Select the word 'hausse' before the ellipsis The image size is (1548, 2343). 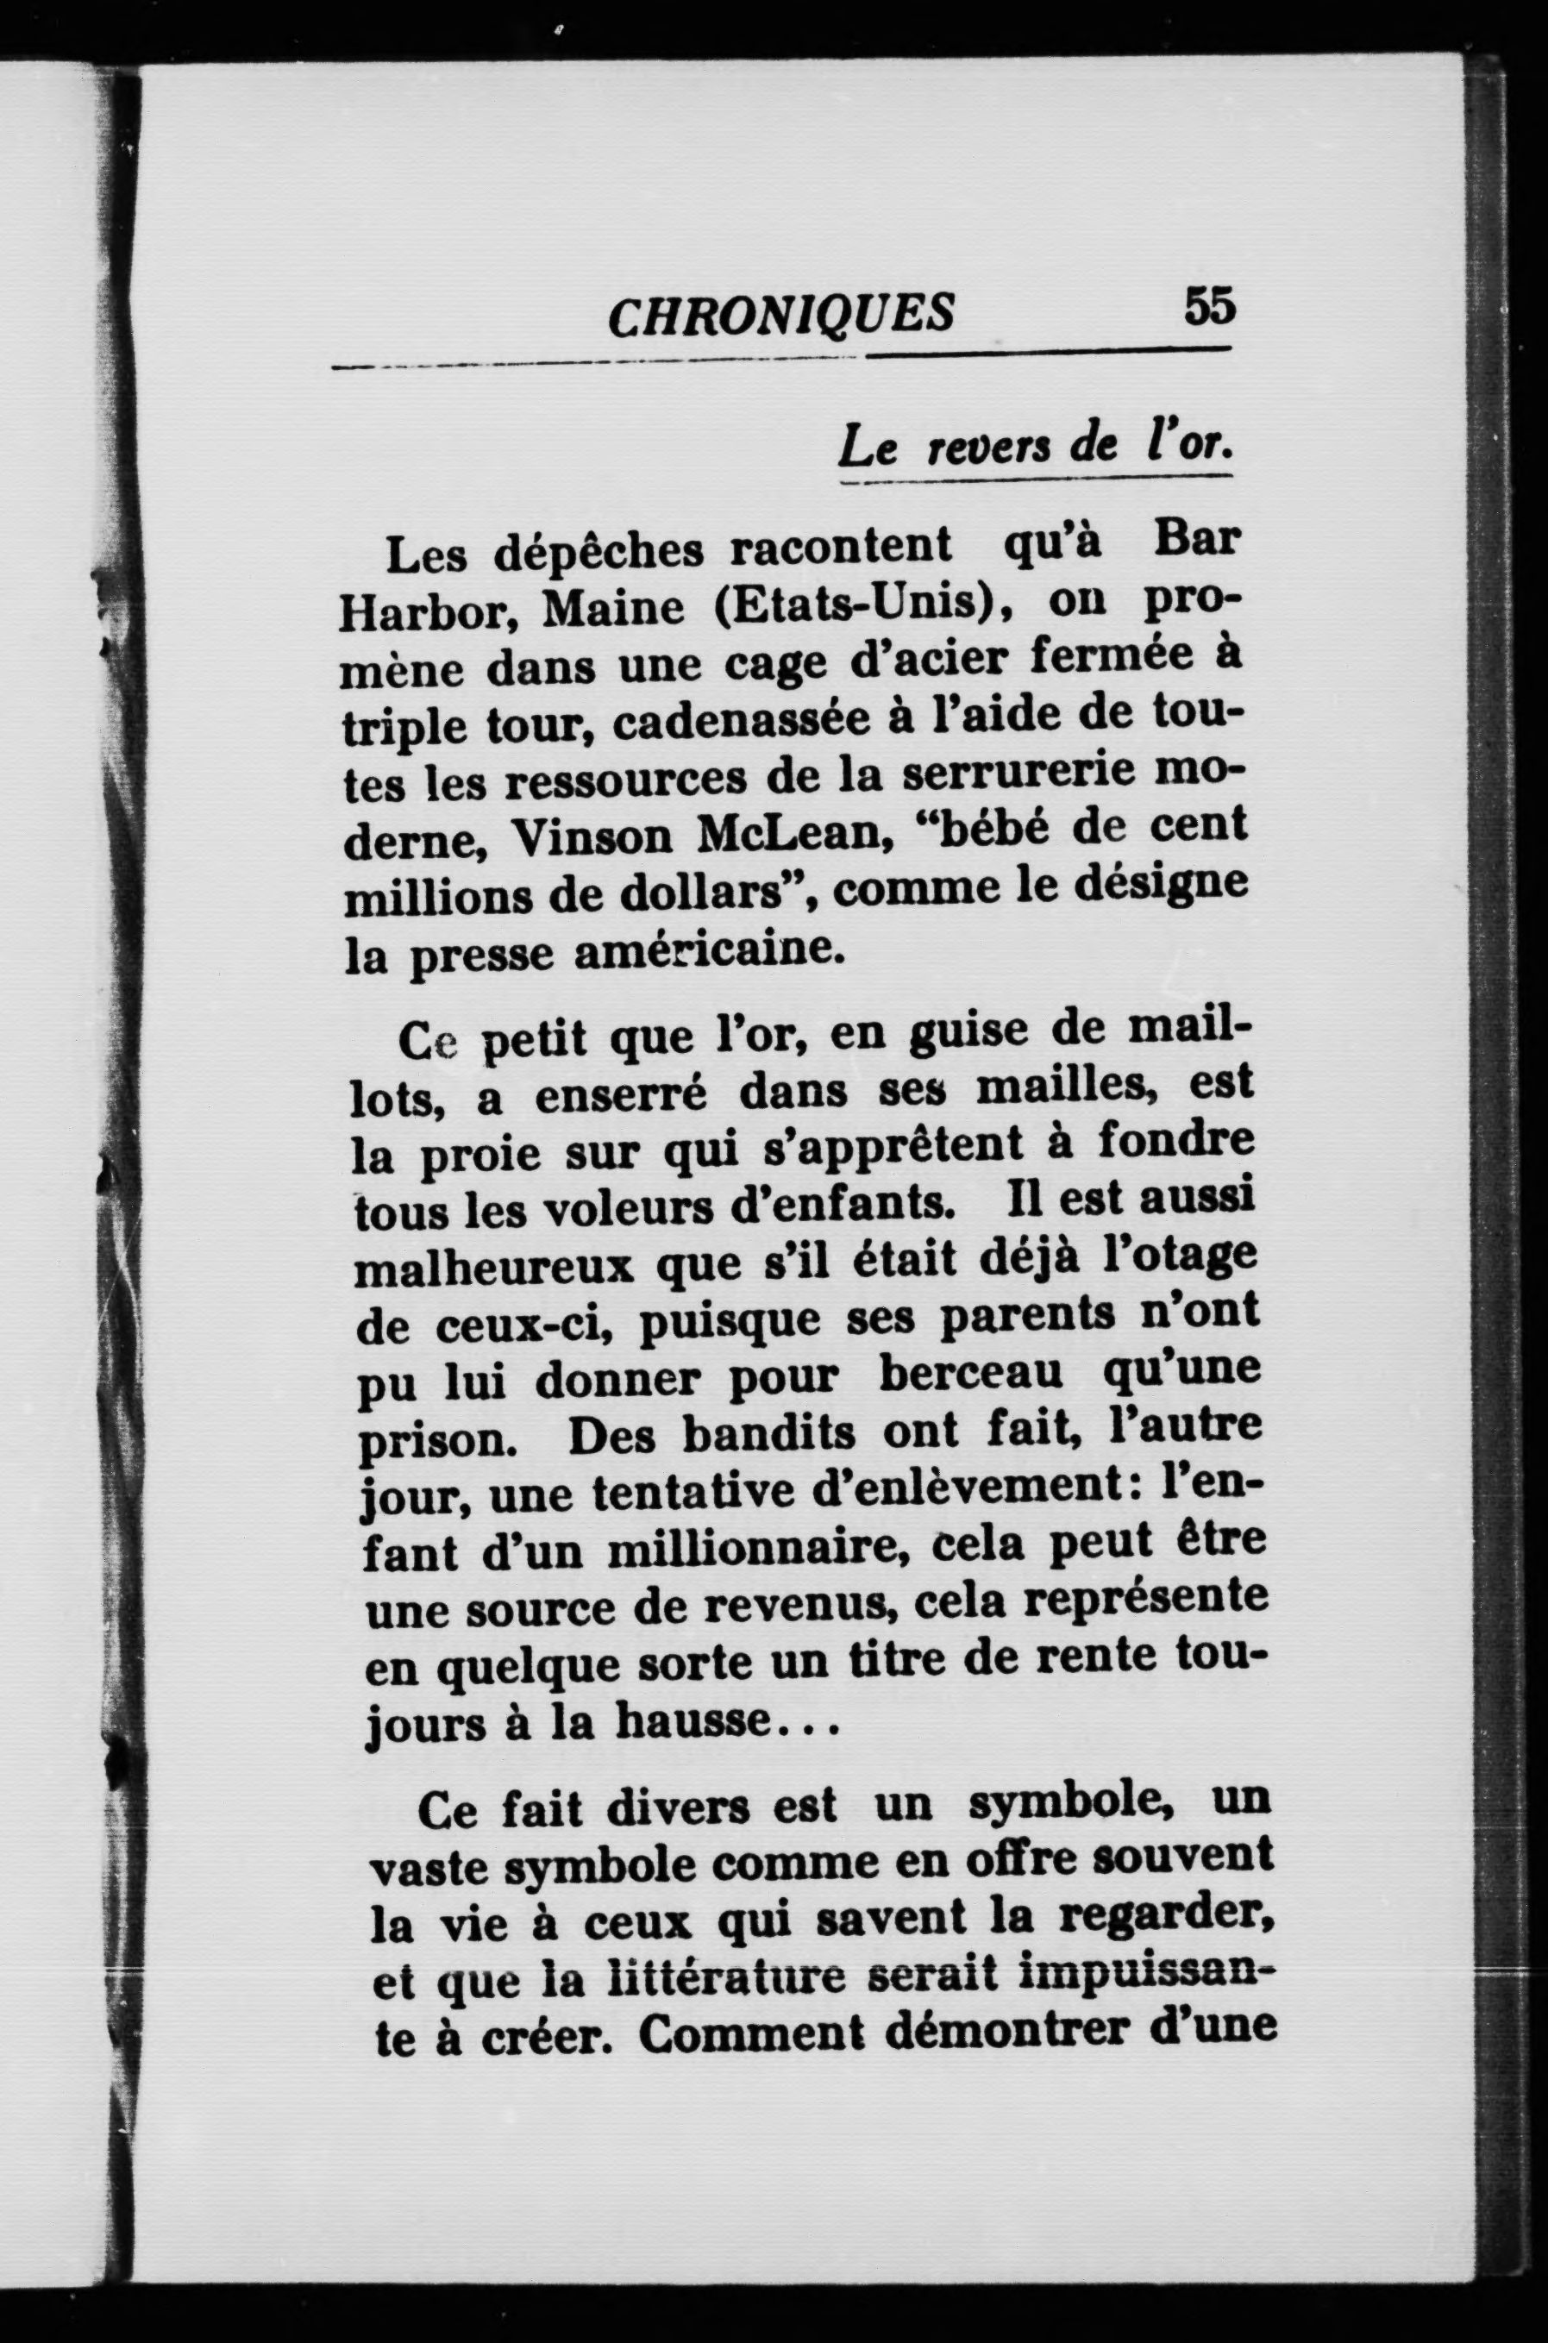691,1722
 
